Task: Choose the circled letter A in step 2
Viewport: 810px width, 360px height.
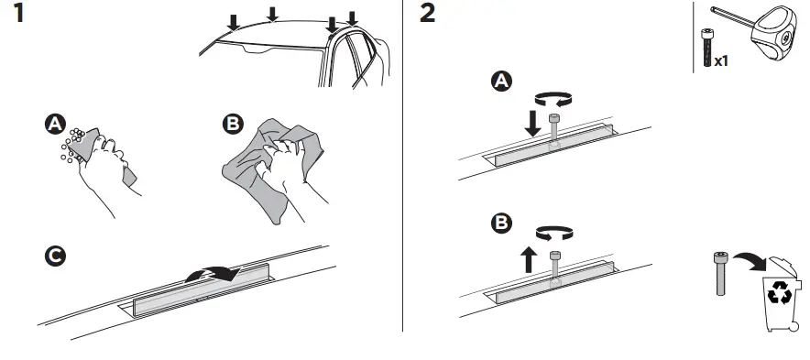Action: click(x=502, y=82)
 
